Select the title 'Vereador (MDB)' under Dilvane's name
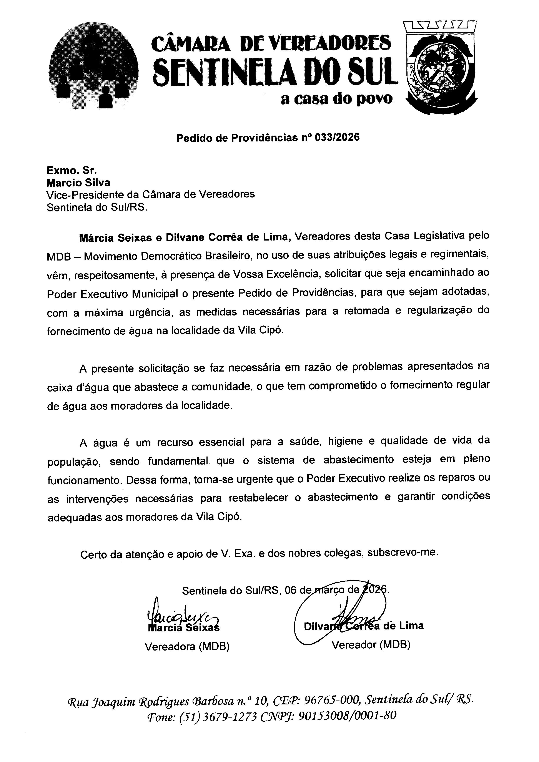point(371,645)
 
